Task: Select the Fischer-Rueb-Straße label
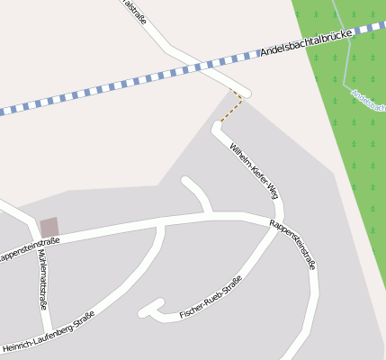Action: pos(211,301)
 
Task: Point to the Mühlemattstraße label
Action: pos(43,280)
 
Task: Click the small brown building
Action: pos(49,227)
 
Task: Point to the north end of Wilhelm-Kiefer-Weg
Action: pos(217,128)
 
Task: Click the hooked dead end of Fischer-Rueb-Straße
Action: pos(144,312)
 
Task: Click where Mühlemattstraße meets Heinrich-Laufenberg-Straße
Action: pos(50,329)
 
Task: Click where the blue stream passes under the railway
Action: pos(338,33)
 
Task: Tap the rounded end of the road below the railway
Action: pos(245,93)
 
